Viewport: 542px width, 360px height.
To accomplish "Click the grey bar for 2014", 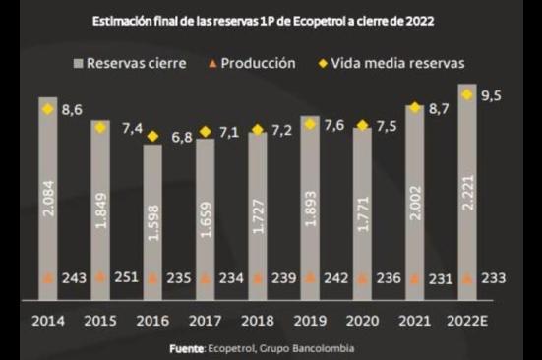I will click(47, 197).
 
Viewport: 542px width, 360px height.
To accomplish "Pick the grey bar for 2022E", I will click(467, 187).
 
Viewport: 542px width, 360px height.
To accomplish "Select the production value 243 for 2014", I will click(74, 278).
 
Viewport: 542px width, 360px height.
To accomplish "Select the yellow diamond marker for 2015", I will click(99, 127).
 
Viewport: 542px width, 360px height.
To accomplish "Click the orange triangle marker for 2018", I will click(257, 277).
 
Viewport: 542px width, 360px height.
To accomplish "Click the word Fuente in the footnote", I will click(185, 348).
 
